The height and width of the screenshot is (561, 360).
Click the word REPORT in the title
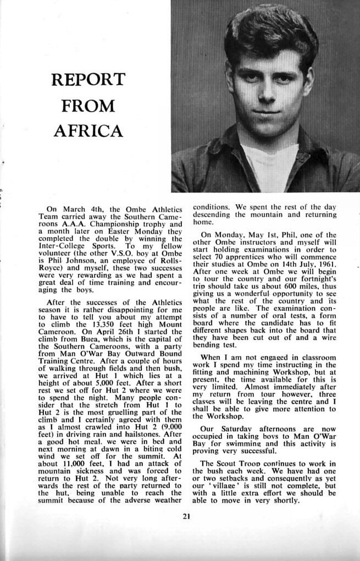88,80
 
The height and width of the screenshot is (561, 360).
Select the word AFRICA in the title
88,131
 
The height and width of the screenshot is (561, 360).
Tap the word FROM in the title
88,105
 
